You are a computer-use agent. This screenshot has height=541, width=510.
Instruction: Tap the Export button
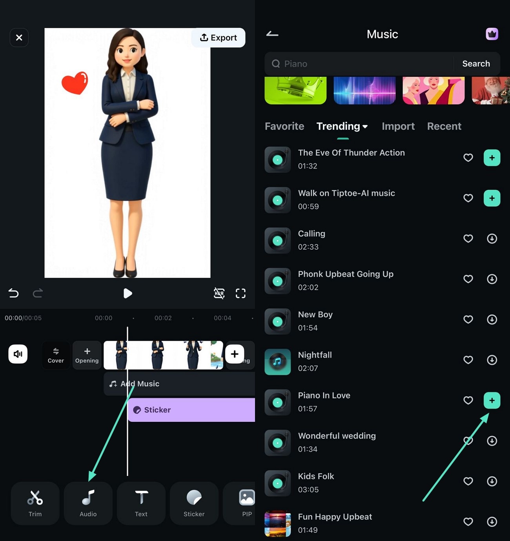tap(218, 38)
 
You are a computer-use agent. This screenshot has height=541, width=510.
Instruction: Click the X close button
tap(19, 38)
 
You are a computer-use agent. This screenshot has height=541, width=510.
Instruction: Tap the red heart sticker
tap(75, 83)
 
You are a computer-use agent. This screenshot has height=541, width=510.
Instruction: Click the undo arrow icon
tap(13, 293)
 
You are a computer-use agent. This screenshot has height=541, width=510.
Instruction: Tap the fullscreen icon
tap(240, 293)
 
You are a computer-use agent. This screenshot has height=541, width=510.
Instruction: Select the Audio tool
tap(88, 503)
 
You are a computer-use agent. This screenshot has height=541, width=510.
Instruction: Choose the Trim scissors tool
tap(35, 503)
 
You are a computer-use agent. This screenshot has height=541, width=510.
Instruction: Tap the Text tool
tap(141, 503)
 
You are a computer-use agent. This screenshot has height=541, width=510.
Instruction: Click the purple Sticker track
tap(191, 410)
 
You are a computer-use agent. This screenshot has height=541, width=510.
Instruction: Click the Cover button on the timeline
tap(56, 355)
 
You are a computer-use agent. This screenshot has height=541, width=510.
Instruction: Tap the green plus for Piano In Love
tap(492, 400)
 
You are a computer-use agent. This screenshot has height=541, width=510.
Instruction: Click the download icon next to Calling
tap(492, 239)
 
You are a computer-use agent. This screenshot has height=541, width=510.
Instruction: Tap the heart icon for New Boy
tap(468, 319)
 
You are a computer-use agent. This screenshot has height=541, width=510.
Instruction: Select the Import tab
tap(398, 126)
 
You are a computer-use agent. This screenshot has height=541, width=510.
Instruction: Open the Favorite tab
tap(284, 126)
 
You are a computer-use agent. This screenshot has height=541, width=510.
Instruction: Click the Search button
tap(476, 64)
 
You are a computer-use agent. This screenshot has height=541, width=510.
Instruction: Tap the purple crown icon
tap(492, 34)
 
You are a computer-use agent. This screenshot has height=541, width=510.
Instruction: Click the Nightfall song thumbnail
tap(277, 362)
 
